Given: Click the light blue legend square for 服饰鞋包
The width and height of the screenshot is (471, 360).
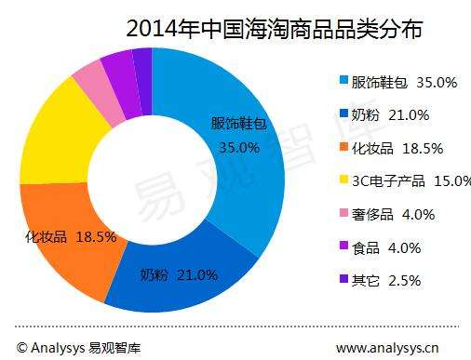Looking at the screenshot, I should (x=344, y=82).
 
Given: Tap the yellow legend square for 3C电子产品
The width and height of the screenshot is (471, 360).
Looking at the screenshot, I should (x=344, y=181).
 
